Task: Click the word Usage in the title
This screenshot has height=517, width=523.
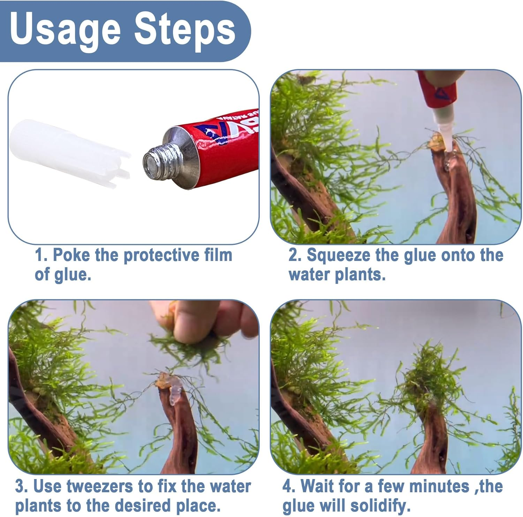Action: pyautogui.click(x=65, y=30)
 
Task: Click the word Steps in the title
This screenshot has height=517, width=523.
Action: pyautogui.click(x=185, y=30)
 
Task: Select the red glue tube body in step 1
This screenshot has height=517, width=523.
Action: pyautogui.click(x=223, y=146)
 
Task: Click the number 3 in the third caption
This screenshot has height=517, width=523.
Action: pyautogui.click(x=20, y=486)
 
